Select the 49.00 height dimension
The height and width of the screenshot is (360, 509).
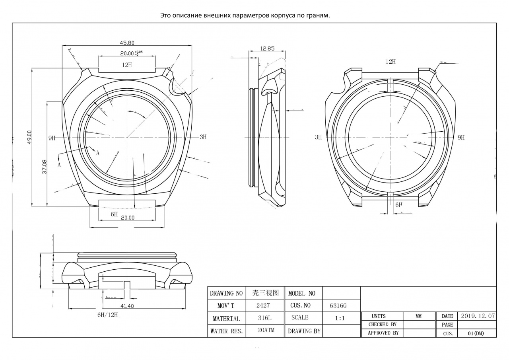tap(29, 138)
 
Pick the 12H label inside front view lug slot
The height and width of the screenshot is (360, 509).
tap(127, 65)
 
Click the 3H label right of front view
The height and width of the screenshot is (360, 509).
tap(203, 137)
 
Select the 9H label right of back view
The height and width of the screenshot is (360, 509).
tap(461, 138)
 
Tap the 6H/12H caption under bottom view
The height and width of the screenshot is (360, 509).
tap(108, 315)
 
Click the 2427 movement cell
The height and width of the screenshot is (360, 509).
tap(263, 306)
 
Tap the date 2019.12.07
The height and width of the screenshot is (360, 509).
tap(478, 316)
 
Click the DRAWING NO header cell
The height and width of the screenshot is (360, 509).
tap(226, 293)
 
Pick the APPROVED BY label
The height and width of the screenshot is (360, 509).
tap(383, 333)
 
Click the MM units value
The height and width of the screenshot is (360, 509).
tap(419, 316)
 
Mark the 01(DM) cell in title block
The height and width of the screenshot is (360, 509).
tap(476, 333)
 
